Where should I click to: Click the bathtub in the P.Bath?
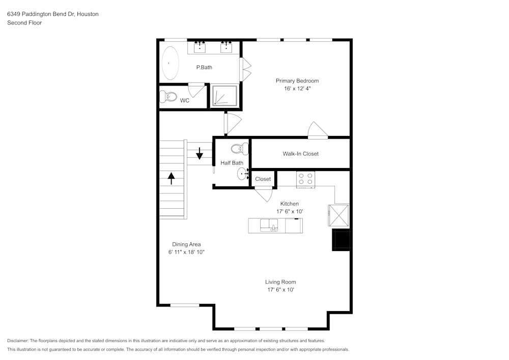(x=171, y=63)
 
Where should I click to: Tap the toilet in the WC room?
(x=167, y=96)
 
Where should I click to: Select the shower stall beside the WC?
(x=225, y=95)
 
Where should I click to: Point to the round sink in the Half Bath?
(x=242, y=174)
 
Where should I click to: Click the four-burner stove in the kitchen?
(x=306, y=179)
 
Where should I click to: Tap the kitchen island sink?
(x=269, y=225)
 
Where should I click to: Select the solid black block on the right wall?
(x=342, y=239)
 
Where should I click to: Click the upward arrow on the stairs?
(x=171, y=178)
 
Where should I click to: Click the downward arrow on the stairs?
(x=200, y=153)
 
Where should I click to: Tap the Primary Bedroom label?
(x=297, y=81)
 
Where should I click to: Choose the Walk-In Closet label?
(x=300, y=154)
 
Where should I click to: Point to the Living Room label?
(x=280, y=282)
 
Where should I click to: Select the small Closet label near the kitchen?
(x=263, y=179)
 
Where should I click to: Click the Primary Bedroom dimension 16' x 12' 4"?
(x=297, y=89)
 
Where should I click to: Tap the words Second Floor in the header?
(x=24, y=23)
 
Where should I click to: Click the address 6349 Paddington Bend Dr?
(x=41, y=14)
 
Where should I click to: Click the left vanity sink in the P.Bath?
(x=200, y=48)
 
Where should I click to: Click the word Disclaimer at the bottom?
(x=18, y=341)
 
